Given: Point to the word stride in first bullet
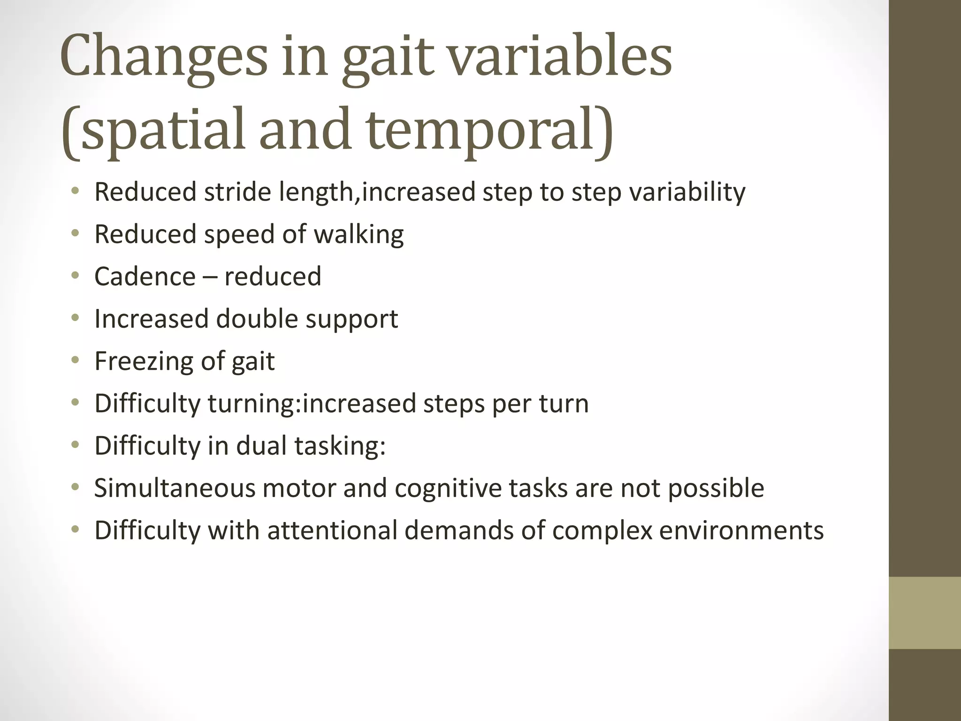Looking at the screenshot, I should [x=237, y=192].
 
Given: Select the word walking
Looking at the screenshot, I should [x=358, y=235].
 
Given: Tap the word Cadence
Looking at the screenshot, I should [x=145, y=276].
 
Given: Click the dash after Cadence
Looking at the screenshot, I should [x=210, y=277].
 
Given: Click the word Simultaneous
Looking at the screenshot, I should [x=175, y=488].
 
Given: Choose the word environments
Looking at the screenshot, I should [x=741, y=530].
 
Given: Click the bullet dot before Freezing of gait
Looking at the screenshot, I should [x=76, y=360].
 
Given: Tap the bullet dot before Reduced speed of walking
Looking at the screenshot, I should [x=76, y=233].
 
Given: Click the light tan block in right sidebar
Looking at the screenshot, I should [x=925, y=613].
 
